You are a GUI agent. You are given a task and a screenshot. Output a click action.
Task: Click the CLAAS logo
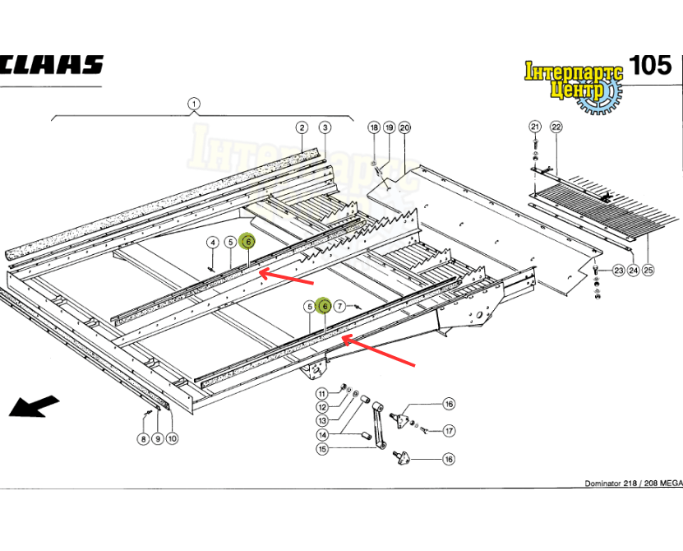click(51, 65)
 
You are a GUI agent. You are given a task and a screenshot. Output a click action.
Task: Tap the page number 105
click(652, 65)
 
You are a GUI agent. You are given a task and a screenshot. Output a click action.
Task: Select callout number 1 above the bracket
click(194, 104)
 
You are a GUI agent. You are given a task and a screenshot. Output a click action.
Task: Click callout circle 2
click(302, 127)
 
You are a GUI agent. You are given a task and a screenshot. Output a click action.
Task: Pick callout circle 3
click(325, 127)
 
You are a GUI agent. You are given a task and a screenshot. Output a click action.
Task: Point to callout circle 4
click(212, 242)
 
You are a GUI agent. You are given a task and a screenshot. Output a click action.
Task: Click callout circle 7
click(340, 307)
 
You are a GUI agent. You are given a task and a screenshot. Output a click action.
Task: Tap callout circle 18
click(374, 127)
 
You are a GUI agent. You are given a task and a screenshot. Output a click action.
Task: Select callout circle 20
click(404, 127)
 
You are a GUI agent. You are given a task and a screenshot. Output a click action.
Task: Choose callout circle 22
click(556, 127)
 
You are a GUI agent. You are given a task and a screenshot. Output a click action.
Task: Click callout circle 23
click(618, 271)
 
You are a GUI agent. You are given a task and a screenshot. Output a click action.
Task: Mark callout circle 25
click(648, 271)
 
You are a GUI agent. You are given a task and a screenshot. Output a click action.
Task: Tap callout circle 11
click(322, 392)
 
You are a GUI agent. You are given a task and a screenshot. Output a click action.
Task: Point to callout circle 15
click(322, 449)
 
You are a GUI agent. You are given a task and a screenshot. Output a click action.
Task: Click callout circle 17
click(449, 430)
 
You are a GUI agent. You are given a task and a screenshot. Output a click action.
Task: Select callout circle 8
click(143, 438)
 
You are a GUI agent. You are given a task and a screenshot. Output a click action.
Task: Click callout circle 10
click(172, 438)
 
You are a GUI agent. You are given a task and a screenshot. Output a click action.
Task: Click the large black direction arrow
click(35, 406)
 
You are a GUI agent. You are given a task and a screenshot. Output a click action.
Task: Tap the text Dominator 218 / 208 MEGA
click(632, 483)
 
